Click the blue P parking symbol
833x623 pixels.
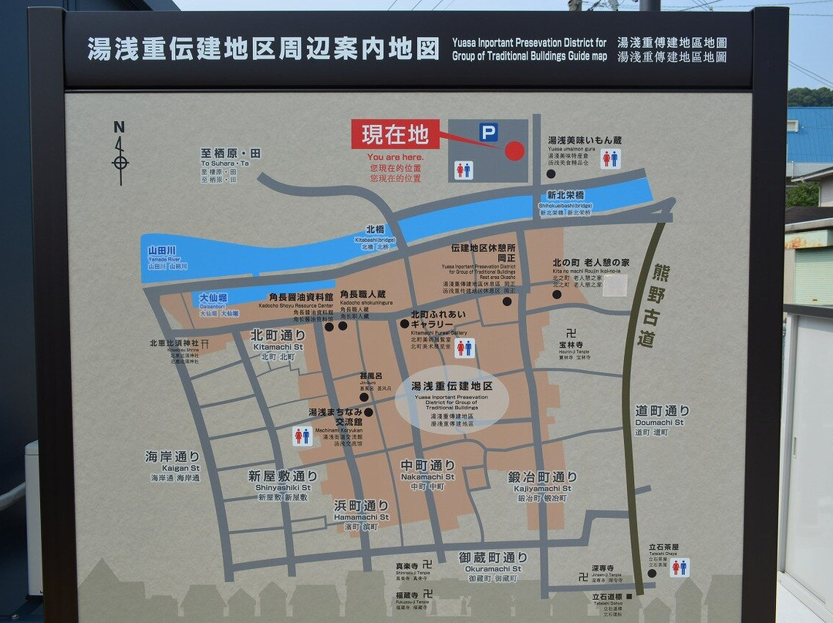488,133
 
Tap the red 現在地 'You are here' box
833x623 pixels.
395,134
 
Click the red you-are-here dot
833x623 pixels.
514,150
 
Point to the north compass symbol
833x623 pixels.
120,153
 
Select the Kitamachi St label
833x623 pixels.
278,340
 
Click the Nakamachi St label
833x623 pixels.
428,470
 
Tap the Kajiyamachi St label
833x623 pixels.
542,482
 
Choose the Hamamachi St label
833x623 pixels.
361,510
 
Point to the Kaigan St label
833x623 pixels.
173,462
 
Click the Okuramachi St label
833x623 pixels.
493,562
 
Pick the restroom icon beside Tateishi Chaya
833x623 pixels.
679,567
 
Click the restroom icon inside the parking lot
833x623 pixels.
464,170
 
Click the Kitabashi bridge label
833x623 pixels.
376,234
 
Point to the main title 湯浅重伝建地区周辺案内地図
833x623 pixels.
263,49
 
